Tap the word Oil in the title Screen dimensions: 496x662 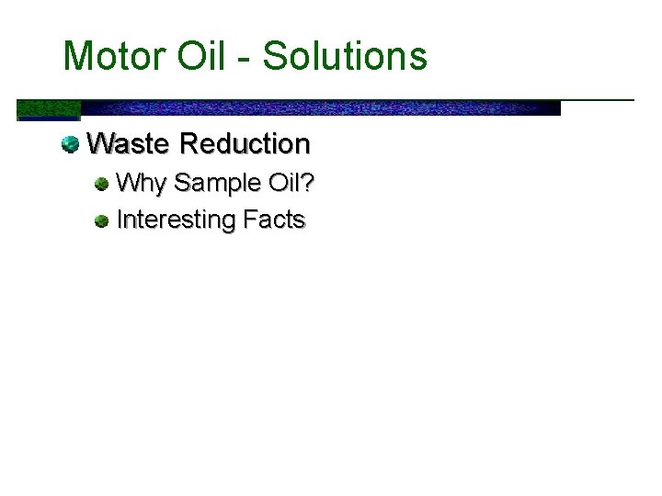205,56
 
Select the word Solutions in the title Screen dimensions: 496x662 345,56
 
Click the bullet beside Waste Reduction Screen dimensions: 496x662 70,144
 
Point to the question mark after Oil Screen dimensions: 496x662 308,183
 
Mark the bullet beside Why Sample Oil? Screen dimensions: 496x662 101,184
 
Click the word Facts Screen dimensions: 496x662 274,220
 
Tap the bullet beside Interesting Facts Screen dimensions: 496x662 101,220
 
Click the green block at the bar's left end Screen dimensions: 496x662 49,109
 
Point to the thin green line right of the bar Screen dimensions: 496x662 598,99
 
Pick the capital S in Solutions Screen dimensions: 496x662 274,56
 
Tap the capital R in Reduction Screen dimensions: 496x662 190,144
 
